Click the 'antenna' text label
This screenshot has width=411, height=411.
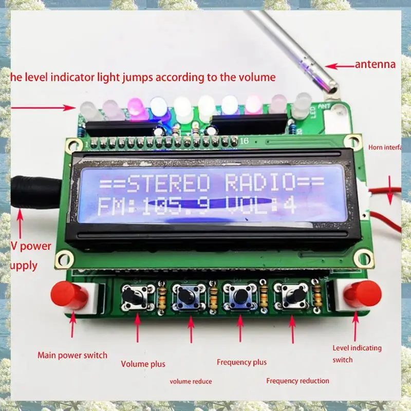(375, 65)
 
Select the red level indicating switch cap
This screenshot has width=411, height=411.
(362, 294)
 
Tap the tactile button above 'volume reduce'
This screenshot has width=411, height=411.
(186, 296)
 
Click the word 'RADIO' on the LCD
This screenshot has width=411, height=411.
(260, 182)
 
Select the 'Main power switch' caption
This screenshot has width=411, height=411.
(72, 355)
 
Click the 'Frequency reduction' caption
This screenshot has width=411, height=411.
(297, 381)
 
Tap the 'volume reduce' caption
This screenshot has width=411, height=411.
(191, 381)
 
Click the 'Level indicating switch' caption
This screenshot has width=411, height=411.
(357, 353)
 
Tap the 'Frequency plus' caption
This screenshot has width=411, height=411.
(241, 362)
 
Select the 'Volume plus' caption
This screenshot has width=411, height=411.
(143, 364)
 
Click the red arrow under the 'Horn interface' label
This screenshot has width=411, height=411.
(390, 190)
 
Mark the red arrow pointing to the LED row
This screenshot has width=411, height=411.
(44, 108)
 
